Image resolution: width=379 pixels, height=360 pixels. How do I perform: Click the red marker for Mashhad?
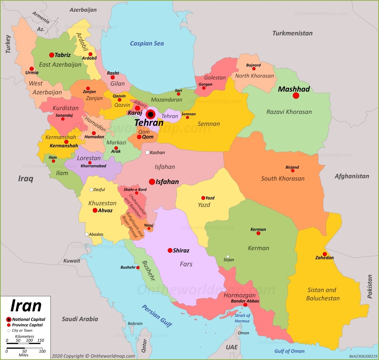pyautogui.click(x=296, y=95)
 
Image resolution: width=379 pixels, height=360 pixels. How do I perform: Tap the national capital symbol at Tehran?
pyautogui.click(x=150, y=114)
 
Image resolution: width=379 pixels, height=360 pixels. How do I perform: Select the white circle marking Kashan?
pyautogui.click(x=147, y=152)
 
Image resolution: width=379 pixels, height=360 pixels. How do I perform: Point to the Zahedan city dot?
pyautogui.click(x=324, y=254)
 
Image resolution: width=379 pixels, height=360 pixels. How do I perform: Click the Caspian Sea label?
pyautogui.click(x=147, y=43)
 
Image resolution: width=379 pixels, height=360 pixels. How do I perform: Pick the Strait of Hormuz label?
pyautogui.click(x=242, y=318)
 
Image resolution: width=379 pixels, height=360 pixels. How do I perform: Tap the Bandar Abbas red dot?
pyautogui.click(x=245, y=305)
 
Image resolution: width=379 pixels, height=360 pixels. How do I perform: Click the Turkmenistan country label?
pyautogui.click(x=292, y=33)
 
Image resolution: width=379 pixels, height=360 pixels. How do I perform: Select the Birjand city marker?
pyautogui.click(x=292, y=171)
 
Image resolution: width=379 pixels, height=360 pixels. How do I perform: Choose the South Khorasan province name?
pyautogui.click(x=282, y=178)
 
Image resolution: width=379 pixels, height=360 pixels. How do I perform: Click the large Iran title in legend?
pyautogui.click(x=26, y=305)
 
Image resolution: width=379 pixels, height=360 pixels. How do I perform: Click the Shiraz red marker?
pyautogui.click(x=170, y=250)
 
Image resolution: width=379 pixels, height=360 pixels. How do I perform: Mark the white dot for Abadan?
pyautogui.click(x=87, y=234)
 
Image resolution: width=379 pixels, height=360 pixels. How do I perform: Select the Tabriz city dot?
pyautogui.click(x=52, y=55)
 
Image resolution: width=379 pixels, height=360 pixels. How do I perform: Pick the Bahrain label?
pyautogui.click(x=135, y=324)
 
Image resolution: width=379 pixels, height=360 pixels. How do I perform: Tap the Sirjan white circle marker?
pyautogui.click(x=227, y=257)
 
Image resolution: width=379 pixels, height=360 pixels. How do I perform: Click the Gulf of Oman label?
pyautogui.click(x=290, y=351)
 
